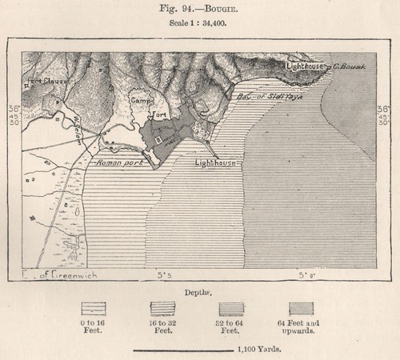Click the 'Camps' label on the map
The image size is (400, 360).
[142, 102]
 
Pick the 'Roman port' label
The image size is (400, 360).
[118, 163]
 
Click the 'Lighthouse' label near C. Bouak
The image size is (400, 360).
[304, 67]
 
